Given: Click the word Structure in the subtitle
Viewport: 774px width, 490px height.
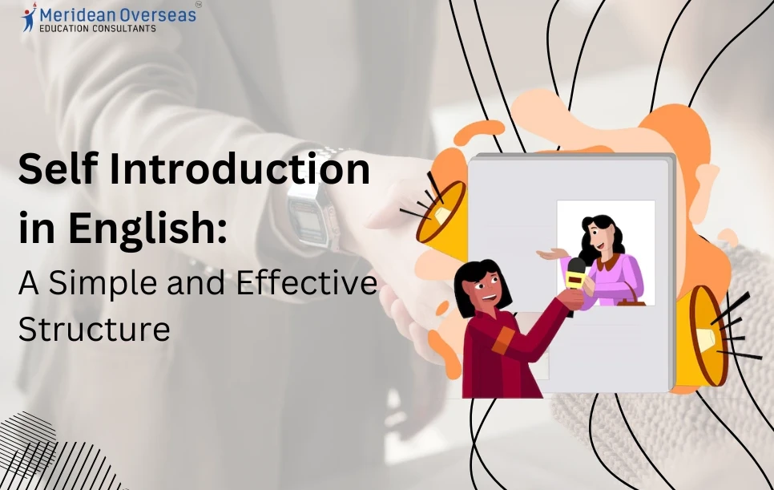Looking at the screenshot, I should point(94,329).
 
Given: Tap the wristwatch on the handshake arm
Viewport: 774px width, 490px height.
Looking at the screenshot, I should point(309,210).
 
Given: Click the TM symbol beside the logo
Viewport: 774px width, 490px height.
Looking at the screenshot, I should point(198,4).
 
